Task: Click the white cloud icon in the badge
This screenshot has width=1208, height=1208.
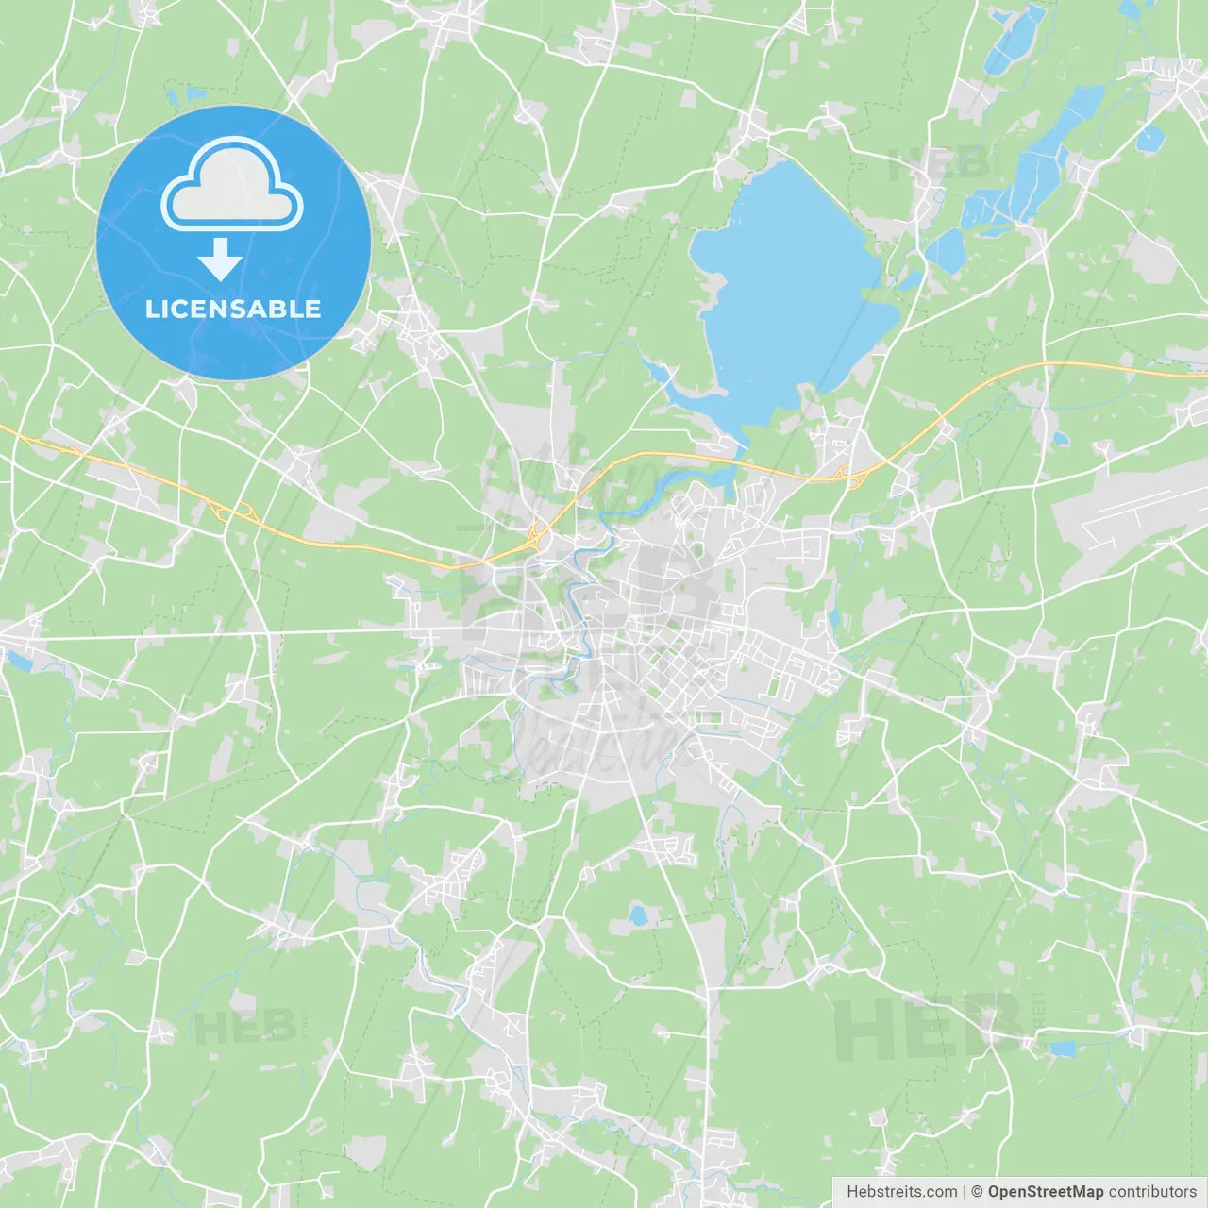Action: pos(232,185)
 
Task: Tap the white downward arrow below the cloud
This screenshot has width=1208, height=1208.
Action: pos(220,260)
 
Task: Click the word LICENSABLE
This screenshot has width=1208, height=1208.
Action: pos(233,309)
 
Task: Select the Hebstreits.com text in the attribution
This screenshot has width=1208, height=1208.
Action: pos(901,1192)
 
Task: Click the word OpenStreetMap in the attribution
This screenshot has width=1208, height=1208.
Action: pos(1045,1192)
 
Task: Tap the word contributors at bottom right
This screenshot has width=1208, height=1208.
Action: pos(1152,1192)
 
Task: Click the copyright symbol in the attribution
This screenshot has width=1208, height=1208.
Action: pos(977,1192)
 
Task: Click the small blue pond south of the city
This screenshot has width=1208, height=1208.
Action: pos(639,914)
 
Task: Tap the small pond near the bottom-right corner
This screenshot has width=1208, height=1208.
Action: pos(1062,1049)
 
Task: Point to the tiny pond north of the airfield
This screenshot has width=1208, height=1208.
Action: pos(1060,438)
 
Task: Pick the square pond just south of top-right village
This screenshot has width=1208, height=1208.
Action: pos(1149,139)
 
